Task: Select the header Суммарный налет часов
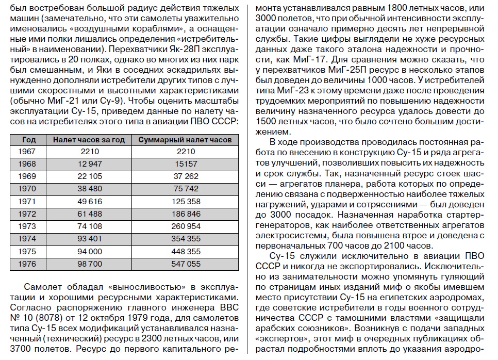(186, 139)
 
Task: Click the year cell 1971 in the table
(27, 202)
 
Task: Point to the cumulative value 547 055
(186, 264)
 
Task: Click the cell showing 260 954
(186, 226)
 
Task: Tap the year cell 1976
(27, 264)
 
